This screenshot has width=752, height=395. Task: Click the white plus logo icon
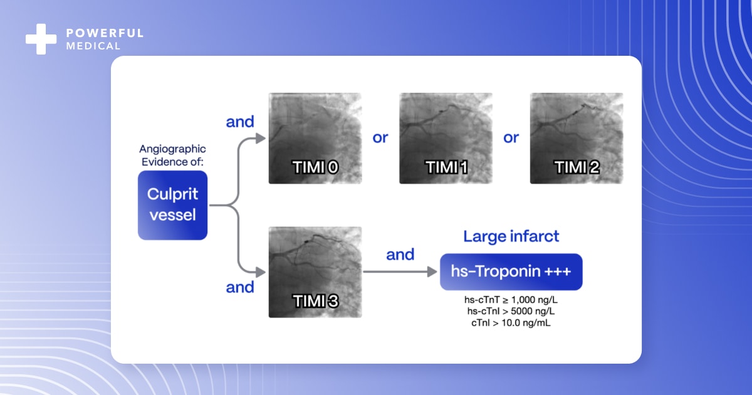point(41,39)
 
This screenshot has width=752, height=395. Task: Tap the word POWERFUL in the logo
point(105,33)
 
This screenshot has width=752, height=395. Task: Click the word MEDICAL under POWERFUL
point(93,46)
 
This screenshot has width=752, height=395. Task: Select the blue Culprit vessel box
point(172,205)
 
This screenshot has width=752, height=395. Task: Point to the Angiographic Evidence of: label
point(172,155)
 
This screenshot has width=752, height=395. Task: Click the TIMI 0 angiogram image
point(315,138)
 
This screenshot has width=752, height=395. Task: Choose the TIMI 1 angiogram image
point(446,138)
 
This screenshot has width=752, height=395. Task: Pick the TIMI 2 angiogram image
point(577,138)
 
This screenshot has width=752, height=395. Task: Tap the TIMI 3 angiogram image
point(315,271)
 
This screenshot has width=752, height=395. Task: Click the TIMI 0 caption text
point(315,167)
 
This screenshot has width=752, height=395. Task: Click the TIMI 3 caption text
point(315,300)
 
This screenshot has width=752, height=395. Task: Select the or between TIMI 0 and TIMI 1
point(380,138)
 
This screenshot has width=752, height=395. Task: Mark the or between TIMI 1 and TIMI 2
point(511,138)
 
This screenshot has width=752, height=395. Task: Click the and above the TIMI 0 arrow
point(239,122)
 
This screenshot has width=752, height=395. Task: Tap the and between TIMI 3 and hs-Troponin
point(400,255)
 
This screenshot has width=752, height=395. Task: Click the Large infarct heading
point(511,236)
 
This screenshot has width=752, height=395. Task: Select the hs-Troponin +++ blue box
point(511,271)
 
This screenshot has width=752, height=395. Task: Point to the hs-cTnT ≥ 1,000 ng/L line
point(511,300)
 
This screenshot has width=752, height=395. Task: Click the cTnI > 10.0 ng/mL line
point(511,323)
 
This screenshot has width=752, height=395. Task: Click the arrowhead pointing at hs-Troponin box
point(432,271)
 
